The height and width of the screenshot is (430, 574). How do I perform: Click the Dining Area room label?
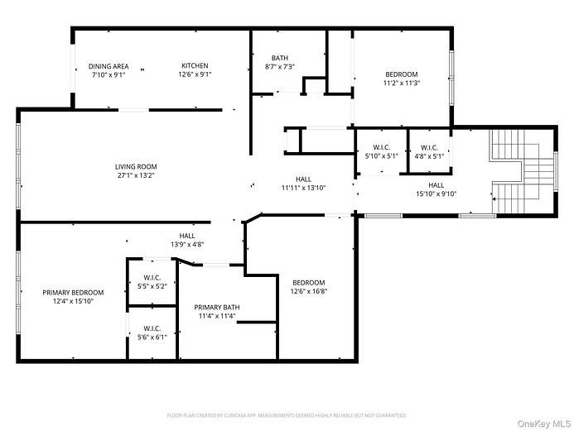tap(109, 66)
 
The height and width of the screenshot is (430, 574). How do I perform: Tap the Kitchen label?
tap(195, 66)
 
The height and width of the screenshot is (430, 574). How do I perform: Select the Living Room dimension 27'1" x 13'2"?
tap(136, 175)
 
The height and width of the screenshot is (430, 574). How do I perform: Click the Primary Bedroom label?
tap(74, 293)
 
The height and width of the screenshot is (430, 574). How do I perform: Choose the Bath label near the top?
tap(280, 57)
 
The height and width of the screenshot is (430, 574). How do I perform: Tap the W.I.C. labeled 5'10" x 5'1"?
tap(381, 147)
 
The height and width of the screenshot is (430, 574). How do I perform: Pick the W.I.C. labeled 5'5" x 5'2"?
tap(152, 278)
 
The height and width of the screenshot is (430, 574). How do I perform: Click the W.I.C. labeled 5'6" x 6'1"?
tap(152, 328)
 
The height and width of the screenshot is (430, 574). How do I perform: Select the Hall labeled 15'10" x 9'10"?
tap(436, 185)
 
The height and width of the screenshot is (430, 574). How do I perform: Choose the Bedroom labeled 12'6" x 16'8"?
tap(308, 282)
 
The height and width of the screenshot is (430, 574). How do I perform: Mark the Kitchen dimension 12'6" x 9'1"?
tap(195, 74)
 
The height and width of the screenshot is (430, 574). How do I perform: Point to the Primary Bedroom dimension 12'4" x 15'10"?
tap(74, 301)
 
